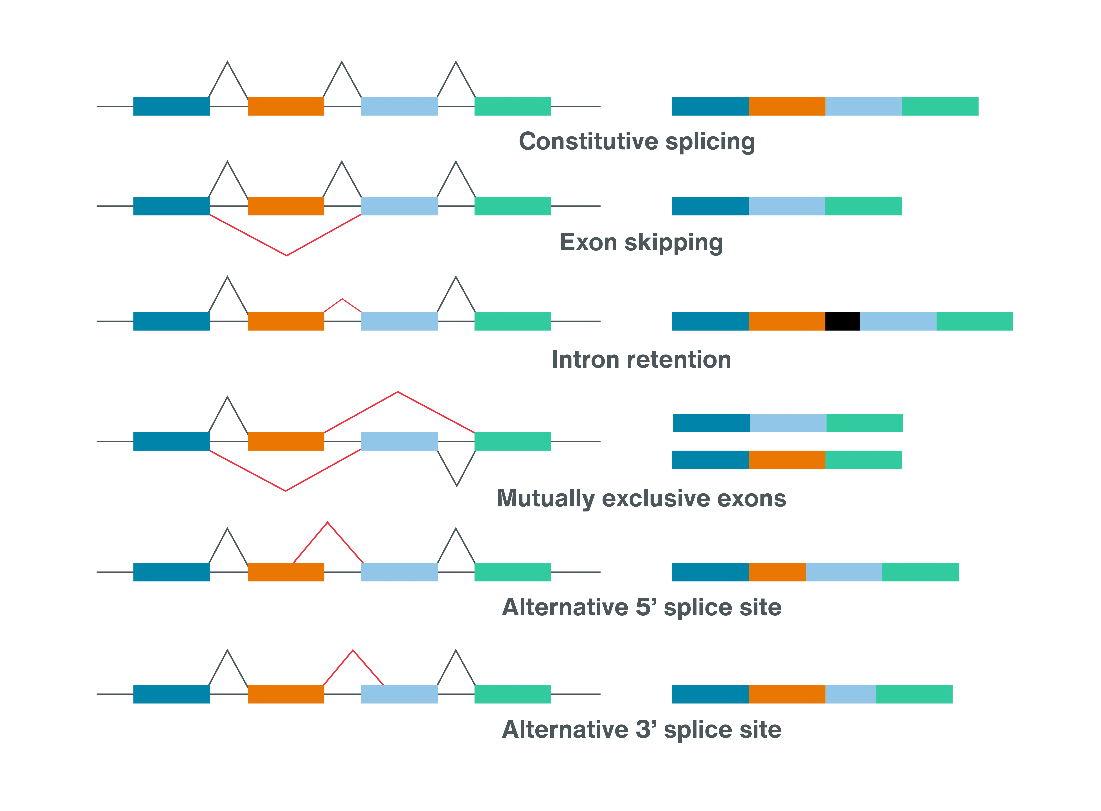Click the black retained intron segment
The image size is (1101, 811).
tap(842, 322)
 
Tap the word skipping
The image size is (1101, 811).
tap(673, 243)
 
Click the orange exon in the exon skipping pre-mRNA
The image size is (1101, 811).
tap(285, 206)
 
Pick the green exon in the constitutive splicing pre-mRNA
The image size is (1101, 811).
tap(512, 107)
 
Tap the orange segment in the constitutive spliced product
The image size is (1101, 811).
tap(786, 107)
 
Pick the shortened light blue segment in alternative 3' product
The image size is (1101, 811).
tap(850, 694)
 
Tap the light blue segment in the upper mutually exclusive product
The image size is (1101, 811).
tap(788, 423)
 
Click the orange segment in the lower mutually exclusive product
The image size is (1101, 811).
tap(786, 460)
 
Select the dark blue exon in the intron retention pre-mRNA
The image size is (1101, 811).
tap(172, 322)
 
